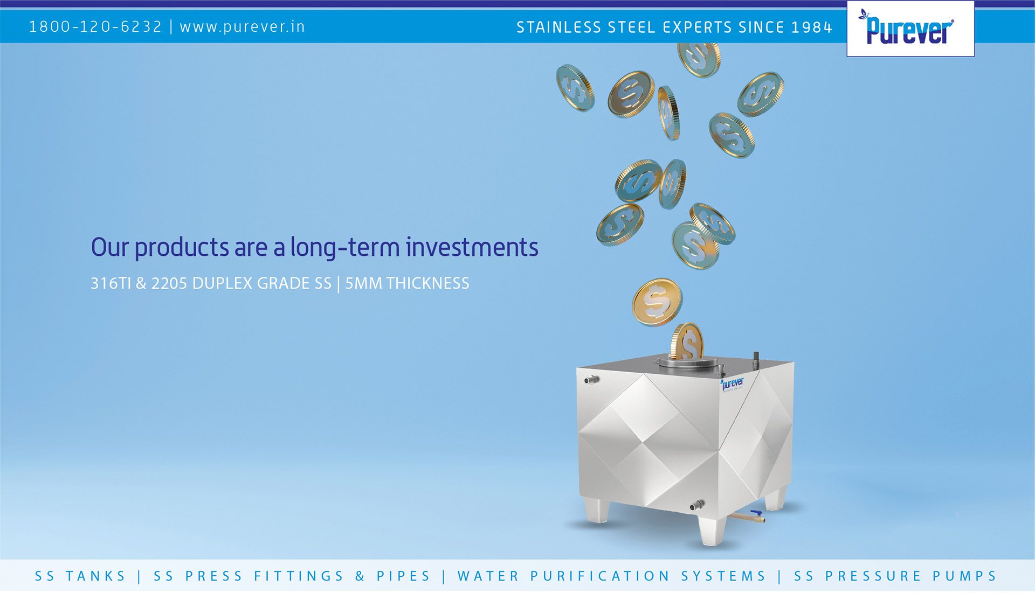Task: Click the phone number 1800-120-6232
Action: point(95,26)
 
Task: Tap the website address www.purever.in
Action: point(243,27)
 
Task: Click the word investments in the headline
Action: point(472,248)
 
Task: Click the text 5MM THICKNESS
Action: point(407,283)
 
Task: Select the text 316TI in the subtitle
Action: point(111,283)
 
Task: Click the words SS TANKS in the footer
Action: point(80,576)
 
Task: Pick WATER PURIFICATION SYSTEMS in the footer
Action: point(611,576)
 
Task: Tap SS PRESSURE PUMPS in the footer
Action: point(895,576)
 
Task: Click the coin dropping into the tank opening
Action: point(687,341)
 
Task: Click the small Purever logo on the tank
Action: point(732,384)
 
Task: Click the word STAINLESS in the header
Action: point(558,27)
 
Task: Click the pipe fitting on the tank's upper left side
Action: point(591,380)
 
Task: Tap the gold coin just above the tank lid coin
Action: point(657,302)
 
